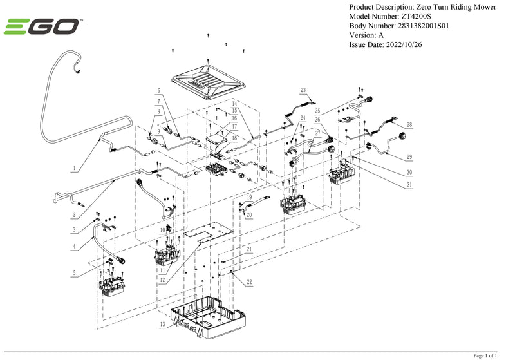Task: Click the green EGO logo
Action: pyautogui.click(x=42, y=27)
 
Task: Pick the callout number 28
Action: pyautogui.click(x=409, y=124)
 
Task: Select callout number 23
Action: pyautogui.click(x=303, y=90)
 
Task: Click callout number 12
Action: pyautogui.click(x=164, y=279)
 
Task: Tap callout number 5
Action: pyautogui.click(x=75, y=273)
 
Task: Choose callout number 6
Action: pyautogui.click(x=158, y=90)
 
